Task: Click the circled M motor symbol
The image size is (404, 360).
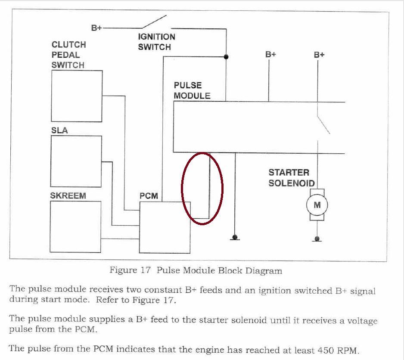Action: coord(317,205)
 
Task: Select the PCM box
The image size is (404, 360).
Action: coord(165,227)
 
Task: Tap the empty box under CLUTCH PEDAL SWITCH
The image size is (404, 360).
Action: coord(77,96)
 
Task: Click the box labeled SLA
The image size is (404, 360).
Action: coord(76,161)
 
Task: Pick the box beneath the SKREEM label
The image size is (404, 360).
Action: coord(75,227)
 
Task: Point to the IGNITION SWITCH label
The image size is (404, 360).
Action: coord(156,42)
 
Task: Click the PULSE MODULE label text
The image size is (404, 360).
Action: coord(192,90)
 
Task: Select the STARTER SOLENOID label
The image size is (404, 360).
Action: coord(292,178)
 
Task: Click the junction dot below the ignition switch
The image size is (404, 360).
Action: coord(226,57)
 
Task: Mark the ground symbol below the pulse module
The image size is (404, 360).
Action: coord(235,237)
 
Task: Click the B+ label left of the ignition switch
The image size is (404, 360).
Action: coord(96,28)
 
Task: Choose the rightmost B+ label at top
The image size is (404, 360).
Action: coord(319,55)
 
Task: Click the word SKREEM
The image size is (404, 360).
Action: coord(68,196)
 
